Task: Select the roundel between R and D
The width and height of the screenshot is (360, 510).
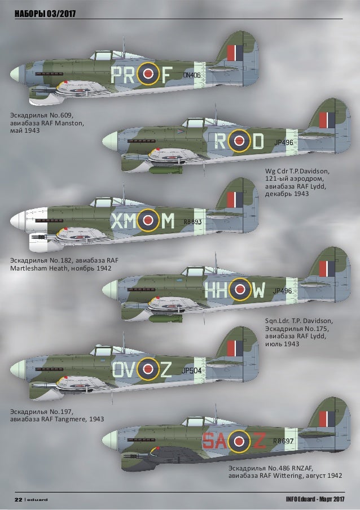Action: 240,141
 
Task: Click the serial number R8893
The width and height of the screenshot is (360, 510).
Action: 193,222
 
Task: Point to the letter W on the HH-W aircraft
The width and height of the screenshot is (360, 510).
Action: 258,291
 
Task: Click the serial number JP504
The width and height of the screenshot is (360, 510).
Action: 192,370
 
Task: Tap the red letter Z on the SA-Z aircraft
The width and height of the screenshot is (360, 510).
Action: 258,441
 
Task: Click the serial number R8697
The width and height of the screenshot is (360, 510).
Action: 282,441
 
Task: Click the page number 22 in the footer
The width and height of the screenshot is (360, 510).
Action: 17,499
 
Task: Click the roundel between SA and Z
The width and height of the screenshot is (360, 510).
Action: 239,440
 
